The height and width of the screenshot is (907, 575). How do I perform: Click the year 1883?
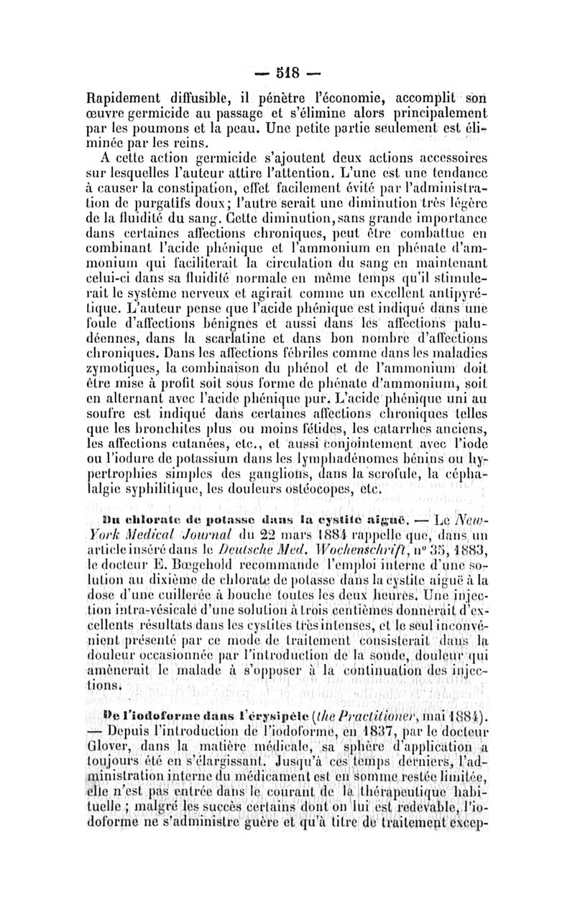[x=466, y=566]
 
